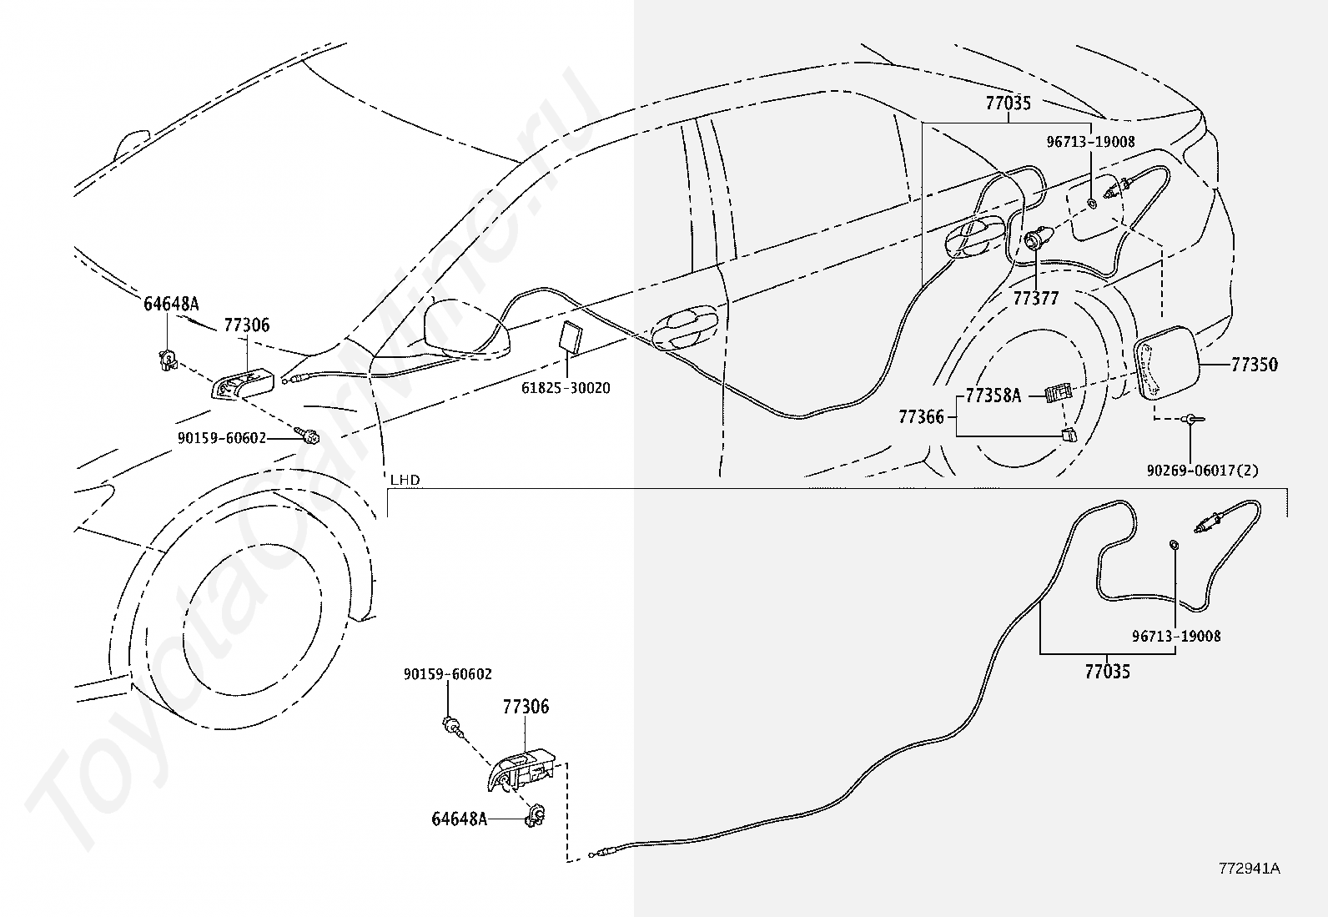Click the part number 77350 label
pyautogui.click(x=1255, y=364)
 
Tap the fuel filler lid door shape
pyautogui.click(x=1167, y=364)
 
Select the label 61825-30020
pyautogui.click(x=566, y=388)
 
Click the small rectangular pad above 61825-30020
pyautogui.click(x=571, y=336)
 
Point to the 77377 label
pyautogui.click(x=1036, y=298)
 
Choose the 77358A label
pyautogui.click(x=993, y=395)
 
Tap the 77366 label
pyautogui.click(x=921, y=417)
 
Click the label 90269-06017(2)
pyautogui.click(x=1202, y=471)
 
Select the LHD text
pyautogui.click(x=405, y=479)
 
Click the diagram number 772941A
pyautogui.click(x=1249, y=869)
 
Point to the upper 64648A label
pyautogui.click(x=171, y=305)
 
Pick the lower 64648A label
pyautogui.click(x=460, y=819)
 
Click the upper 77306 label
pyautogui.click(x=247, y=325)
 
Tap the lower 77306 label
pyautogui.click(x=526, y=707)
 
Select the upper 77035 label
pyautogui.click(x=1009, y=103)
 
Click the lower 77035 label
pyautogui.click(x=1108, y=672)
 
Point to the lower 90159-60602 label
pyautogui.click(x=448, y=674)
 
